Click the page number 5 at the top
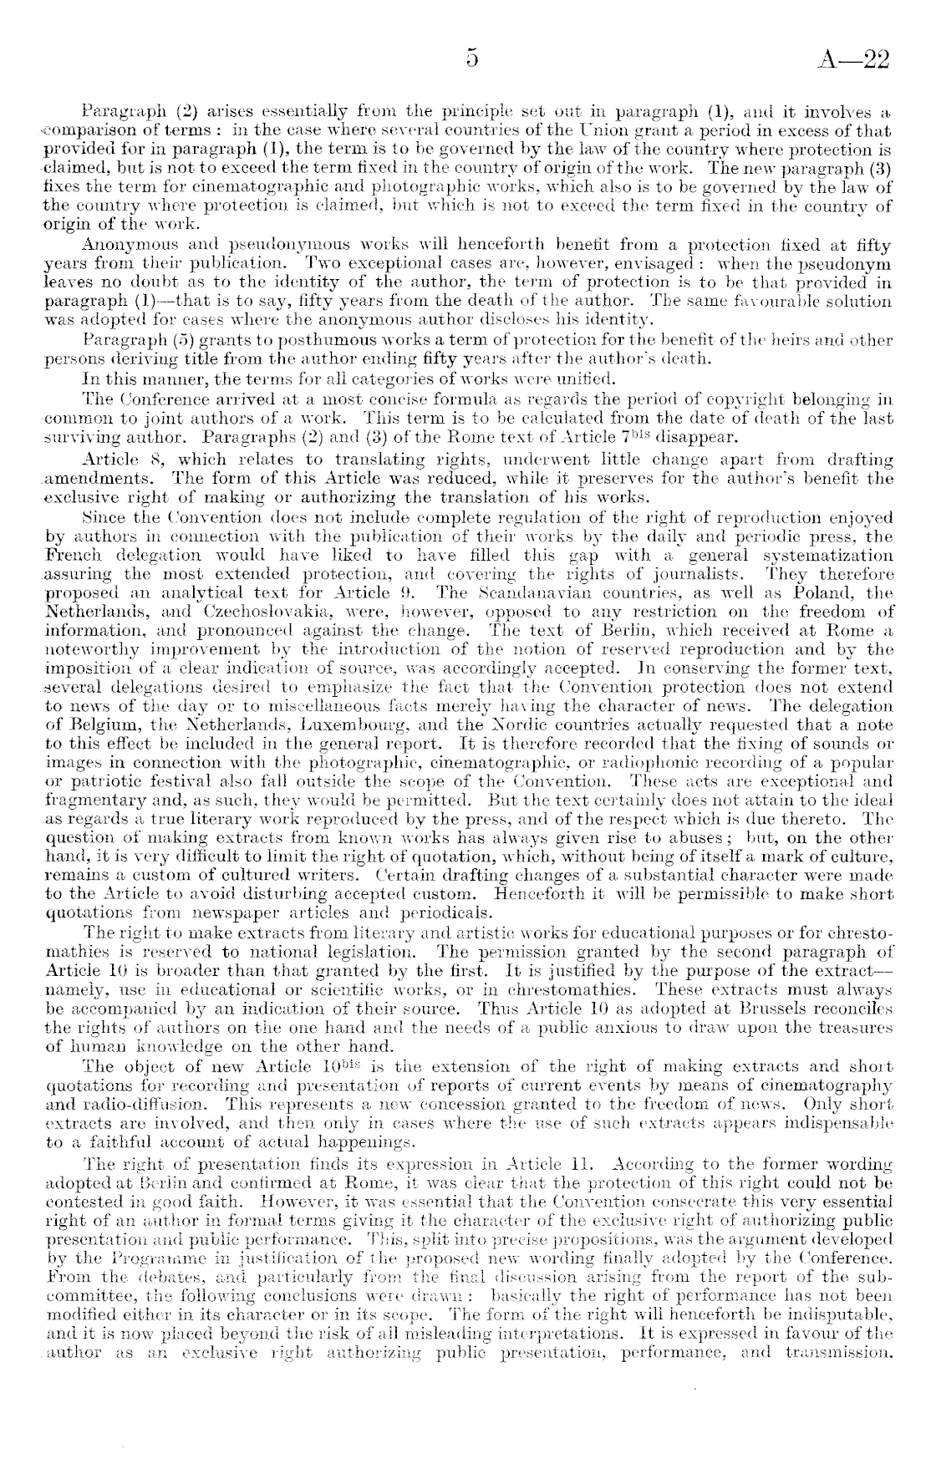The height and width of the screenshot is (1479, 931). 472,58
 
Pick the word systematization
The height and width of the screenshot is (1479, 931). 827,556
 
